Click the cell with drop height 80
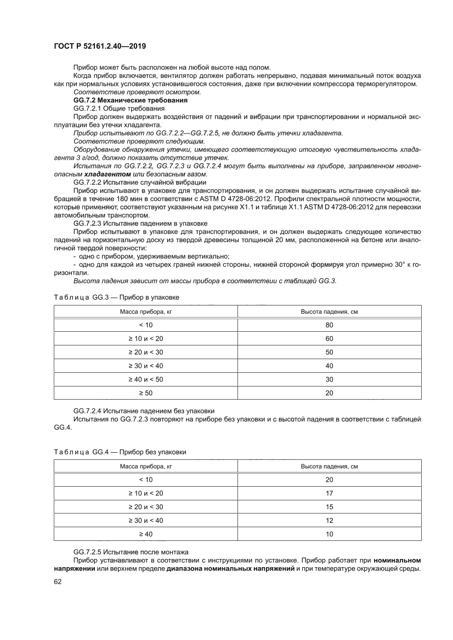point(329,325)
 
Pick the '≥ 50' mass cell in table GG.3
point(145,393)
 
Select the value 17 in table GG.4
point(329,493)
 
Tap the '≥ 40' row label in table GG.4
point(145,534)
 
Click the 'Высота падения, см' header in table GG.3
point(329,312)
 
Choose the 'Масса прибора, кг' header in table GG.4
point(145,466)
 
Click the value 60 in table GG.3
point(329,339)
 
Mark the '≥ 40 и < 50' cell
point(145,379)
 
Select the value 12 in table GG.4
point(329,520)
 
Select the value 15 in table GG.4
point(329,506)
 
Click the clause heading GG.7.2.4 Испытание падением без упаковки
point(144,411)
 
